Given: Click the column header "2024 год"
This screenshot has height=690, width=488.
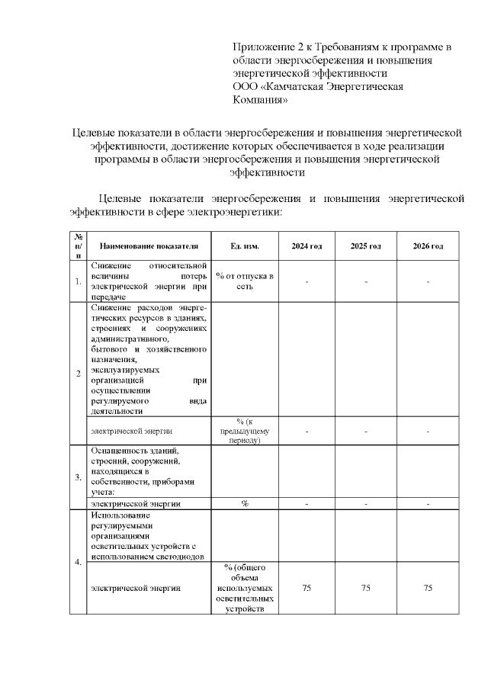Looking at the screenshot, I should point(307,246).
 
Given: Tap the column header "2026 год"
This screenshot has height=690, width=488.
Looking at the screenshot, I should point(428,246).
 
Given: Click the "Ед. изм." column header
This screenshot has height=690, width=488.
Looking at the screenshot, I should point(245,246).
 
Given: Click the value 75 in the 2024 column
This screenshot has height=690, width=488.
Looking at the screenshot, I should point(307,588).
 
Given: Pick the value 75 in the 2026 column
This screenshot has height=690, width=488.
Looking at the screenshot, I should point(428,588).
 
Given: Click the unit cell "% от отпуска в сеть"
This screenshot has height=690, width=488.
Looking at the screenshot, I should point(245,281).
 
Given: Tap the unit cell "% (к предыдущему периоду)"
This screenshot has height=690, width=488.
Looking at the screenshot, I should point(245,432).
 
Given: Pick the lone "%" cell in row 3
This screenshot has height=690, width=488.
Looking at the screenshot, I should point(245,504).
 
